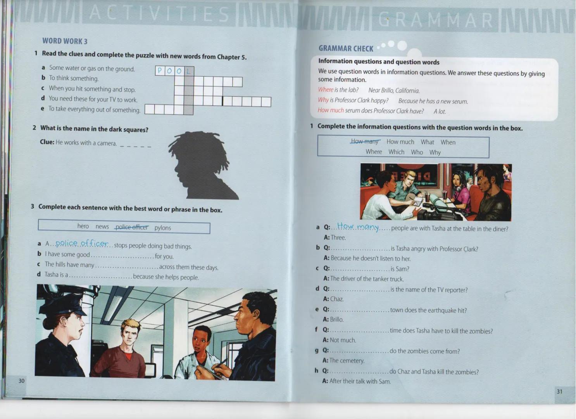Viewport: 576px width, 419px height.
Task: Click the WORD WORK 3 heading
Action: (65, 41)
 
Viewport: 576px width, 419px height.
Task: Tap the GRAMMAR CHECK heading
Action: (346, 48)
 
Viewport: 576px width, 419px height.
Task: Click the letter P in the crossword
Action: (160, 71)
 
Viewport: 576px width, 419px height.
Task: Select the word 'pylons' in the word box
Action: (162, 228)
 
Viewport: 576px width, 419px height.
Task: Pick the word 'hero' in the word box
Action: (83, 226)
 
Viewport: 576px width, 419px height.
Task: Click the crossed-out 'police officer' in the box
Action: (132, 227)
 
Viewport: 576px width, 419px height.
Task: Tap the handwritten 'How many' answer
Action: (358, 227)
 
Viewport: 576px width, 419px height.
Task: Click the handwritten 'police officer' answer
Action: (82, 243)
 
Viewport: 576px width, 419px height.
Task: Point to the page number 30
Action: (21, 381)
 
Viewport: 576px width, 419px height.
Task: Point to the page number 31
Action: (560, 391)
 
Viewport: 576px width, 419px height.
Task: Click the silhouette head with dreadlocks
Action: (203, 165)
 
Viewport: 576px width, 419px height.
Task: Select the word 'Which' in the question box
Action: (396, 152)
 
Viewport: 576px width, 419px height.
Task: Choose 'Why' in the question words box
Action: (435, 152)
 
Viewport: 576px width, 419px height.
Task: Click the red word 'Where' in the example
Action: (326, 89)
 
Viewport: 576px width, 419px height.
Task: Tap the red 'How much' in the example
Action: (331, 110)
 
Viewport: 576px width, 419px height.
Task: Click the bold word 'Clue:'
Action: (47, 142)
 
